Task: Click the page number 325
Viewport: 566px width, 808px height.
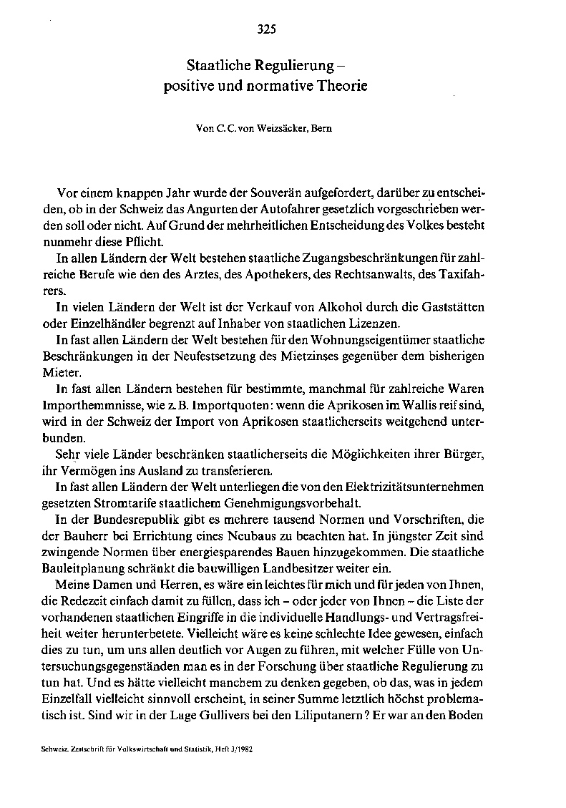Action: click(x=265, y=29)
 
